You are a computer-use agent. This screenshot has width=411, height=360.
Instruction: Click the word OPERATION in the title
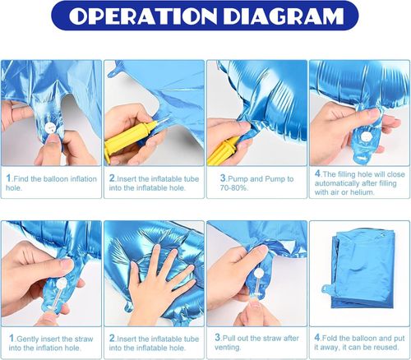tap(142, 16)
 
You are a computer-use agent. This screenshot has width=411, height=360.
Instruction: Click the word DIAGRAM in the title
tap(284, 16)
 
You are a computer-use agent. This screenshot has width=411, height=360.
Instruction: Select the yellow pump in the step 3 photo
tap(223, 150)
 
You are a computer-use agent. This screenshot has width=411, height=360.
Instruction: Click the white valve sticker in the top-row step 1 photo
tap(50, 127)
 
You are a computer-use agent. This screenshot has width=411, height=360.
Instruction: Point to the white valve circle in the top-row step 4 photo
tap(365, 136)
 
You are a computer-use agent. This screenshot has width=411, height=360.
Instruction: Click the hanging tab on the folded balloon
tap(327, 289)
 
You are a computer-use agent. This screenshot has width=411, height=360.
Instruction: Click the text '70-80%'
tap(234, 188)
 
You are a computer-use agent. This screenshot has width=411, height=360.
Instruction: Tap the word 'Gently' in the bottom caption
tap(28, 339)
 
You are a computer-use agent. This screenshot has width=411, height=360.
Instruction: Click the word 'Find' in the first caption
tap(21, 179)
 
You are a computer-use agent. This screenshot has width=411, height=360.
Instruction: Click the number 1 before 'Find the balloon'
tap(8, 178)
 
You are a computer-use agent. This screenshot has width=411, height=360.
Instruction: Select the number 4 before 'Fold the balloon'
tap(317, 338)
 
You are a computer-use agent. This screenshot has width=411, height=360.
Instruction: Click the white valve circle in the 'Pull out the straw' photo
tap(258, 273)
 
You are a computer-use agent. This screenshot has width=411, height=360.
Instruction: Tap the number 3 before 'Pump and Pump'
tap(223, 178)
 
